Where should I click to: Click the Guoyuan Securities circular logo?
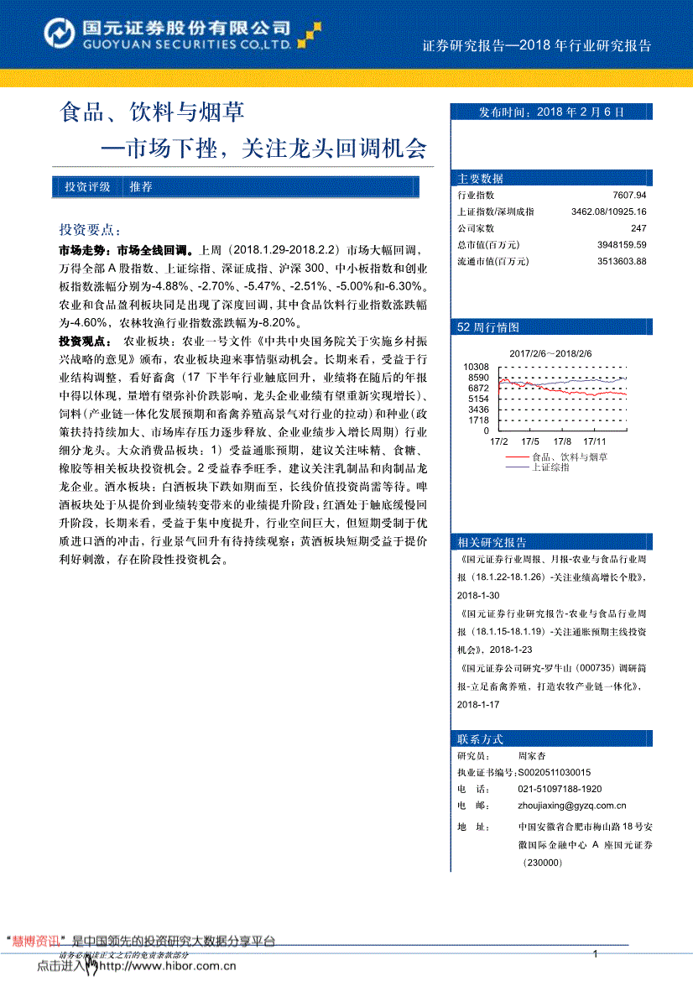[x=59, y=34]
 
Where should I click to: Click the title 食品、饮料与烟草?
[x=151, y=112]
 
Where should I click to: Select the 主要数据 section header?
[x=481, y=178]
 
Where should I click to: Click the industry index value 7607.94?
[x=629, y=196]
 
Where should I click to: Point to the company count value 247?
[x=638, y=228]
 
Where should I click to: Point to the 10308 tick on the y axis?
[x=475, y=367]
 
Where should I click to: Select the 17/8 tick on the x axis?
[x=562, y=441]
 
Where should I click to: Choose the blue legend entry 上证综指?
[x=550, y=467]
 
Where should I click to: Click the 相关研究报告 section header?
[x=492, y=541]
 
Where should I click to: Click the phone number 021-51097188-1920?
[x=560, y=789]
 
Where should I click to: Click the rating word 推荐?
[x=141, y=187]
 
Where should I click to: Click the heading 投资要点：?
[x=90, y=230]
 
